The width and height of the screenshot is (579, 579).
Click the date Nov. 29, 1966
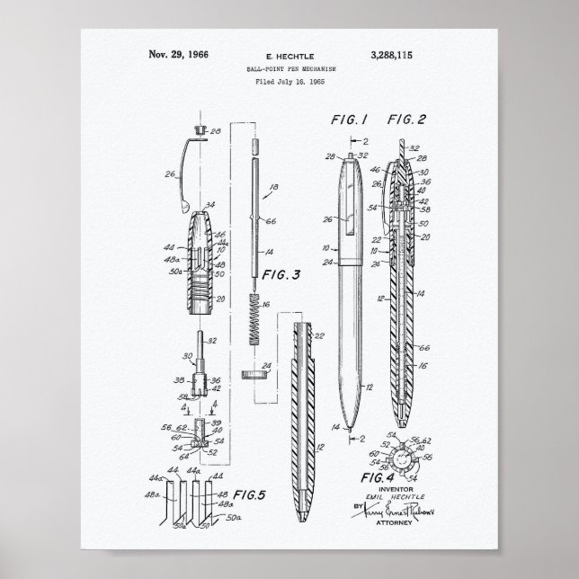[178, 54]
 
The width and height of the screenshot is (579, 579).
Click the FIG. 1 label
[344, 119]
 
